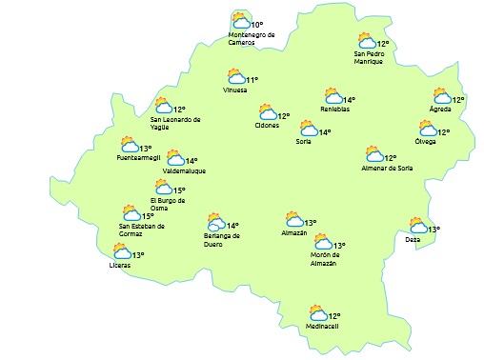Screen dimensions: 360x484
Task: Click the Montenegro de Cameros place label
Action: click(252, 38)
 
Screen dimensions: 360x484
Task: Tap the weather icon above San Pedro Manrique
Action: click(366, 41)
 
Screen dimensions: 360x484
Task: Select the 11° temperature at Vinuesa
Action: click(252, 80)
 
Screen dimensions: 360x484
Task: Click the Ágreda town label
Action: click(440, 109)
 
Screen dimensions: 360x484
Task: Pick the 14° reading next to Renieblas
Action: click(350, 100)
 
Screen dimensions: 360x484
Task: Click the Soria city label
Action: click(304, 142)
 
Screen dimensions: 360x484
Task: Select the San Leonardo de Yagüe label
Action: click(176, 124)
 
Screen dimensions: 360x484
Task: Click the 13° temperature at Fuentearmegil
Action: click(146, 149)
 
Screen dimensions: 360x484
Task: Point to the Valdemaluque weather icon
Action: click(175, 158)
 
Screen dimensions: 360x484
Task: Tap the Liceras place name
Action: click(120, 265)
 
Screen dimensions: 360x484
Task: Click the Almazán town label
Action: click(294, 233)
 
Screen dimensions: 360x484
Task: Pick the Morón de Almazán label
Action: click(324, 260)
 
